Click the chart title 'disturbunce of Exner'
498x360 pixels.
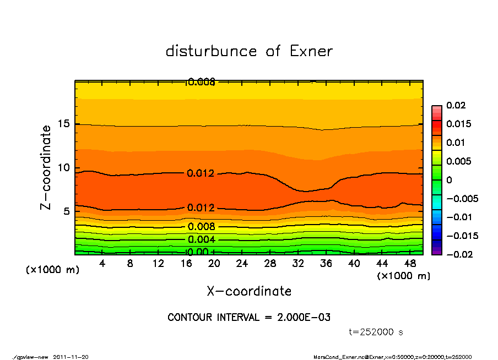tap(249, 51)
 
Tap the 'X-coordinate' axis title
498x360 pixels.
tap(249, 291)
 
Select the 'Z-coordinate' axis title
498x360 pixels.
tap(46, 167)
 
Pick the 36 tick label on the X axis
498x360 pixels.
tap(326, 264)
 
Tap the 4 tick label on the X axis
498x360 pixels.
tap(102, 264)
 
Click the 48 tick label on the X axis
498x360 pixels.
tap(409, 264)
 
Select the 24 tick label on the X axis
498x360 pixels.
tap(242, 264)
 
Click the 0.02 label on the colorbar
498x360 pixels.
tap(457, 105)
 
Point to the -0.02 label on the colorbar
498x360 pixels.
tap(457, 254)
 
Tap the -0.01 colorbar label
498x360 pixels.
tap(457, 217)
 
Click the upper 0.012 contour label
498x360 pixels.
tap(201, 173)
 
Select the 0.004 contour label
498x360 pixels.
tap(201, 239)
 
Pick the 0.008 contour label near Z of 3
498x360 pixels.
tap(201, 227)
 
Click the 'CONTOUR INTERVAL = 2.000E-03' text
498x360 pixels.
tap(249, 318)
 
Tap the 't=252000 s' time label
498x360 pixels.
tap(376, 332)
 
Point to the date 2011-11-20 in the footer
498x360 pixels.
tap(71, 357)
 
